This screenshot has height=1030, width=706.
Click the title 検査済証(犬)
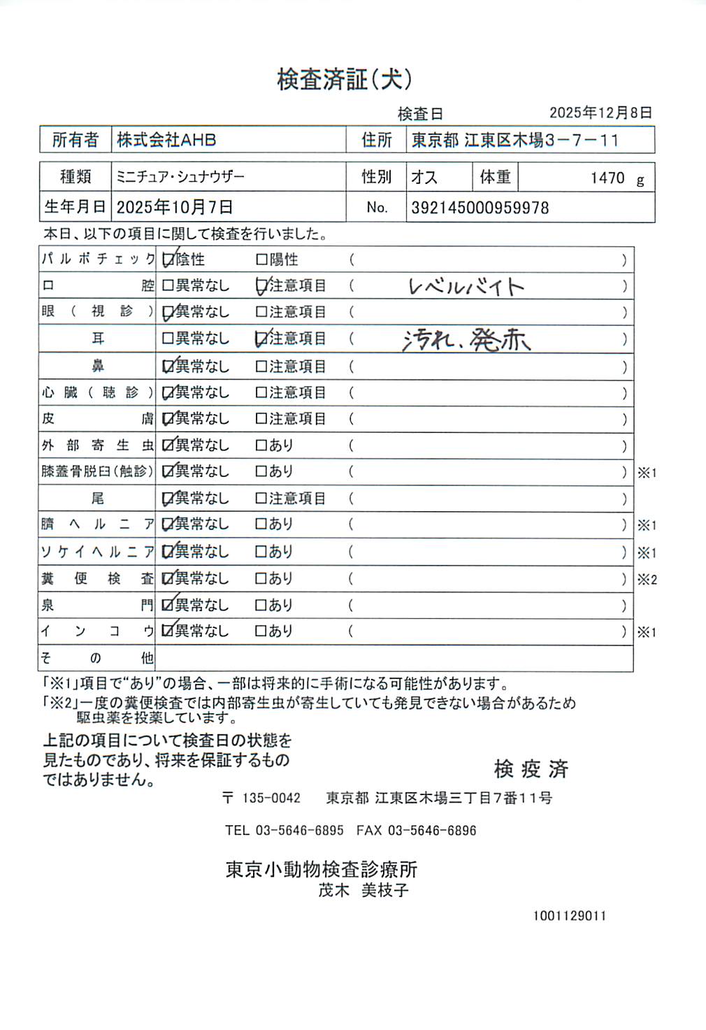tap(345, 80)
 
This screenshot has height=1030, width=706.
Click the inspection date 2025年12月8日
tap(600, 113)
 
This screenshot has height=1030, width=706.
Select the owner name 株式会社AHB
tap(166, 140)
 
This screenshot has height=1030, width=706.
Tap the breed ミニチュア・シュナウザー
tap(180, 177)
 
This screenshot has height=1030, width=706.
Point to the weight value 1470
tap(607, 178)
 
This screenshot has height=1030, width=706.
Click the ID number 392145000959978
tap(480, 208)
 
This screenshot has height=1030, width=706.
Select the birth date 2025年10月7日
tap(174, 208)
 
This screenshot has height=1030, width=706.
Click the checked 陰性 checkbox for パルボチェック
tap(168, 260)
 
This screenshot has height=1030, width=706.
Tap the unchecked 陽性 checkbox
tap(261, 260)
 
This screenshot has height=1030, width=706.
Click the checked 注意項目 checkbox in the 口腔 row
tap(261, 286)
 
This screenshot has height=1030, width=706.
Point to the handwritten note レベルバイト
tap(466, 287)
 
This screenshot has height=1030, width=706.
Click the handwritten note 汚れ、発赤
tap(466, 340)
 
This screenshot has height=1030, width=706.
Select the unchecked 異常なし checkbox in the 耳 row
tap(168, 339)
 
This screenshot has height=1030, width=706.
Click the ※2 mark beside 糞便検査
tap(647, 580)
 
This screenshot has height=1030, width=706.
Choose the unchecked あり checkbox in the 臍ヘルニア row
tap(261, 524)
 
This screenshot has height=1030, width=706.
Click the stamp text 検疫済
tap(531, 769)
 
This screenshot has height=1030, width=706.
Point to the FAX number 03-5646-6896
tap(431, 831)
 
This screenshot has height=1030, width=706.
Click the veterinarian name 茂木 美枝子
tap(363, 890)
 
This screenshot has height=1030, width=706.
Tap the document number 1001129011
tap(570, 916)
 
